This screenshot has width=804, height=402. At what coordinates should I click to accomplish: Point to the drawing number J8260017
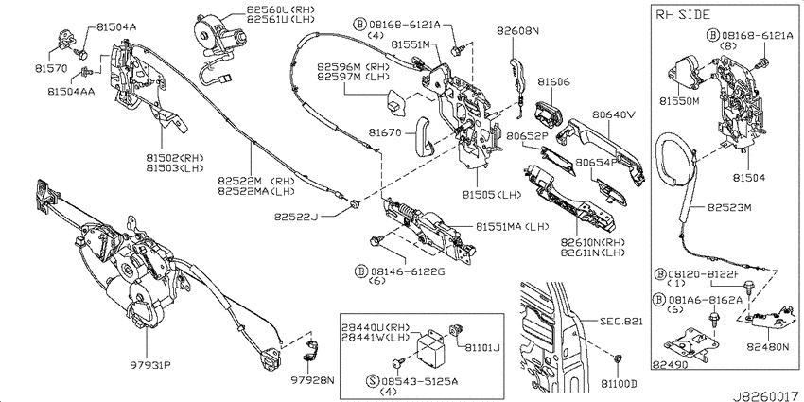click(765, 396)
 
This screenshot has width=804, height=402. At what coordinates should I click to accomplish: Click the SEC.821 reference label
click(620, 322)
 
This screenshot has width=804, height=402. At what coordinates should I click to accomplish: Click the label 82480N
click(771, 347)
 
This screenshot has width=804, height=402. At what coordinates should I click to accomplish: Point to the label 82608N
click(517, 31)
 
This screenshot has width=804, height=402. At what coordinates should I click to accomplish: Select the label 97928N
click(313, 380)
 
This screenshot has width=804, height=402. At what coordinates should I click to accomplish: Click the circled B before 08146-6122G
click(361, 271)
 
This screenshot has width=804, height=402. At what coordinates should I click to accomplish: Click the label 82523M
click(730, 208)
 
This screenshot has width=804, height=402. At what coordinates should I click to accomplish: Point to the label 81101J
click(482, 349)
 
